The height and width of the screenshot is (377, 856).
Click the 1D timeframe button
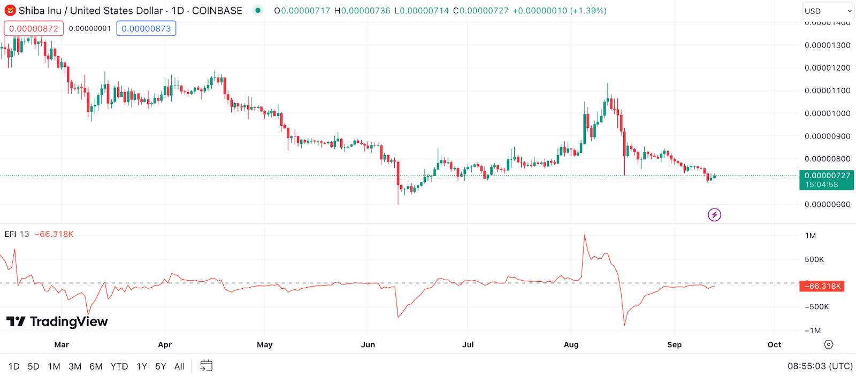(x=14, y=366)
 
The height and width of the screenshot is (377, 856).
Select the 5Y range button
(x=160, y=366)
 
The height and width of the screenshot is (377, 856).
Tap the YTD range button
(x=119, y=366)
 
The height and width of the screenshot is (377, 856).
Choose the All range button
(x=179, y=366)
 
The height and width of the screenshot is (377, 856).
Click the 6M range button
(x=96, y=366)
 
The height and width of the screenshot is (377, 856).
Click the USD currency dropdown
(x=828, y=11)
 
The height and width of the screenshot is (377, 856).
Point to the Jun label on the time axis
(x=368, y=344)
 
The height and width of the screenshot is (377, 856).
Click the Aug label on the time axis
(x=571, y=344)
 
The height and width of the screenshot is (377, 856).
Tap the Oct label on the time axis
(x=774, y=344)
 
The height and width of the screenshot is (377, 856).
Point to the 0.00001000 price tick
(x=827, y=113)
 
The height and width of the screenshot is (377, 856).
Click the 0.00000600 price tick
(x=827, y=204)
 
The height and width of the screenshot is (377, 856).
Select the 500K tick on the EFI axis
(x=814, y=259)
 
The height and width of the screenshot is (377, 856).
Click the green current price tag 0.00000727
(x=827, y=180)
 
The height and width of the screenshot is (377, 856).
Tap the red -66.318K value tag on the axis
(x=822, y=286)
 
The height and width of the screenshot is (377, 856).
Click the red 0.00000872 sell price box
(x=34, y=28)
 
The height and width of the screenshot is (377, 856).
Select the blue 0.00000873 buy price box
(x=146, y=28)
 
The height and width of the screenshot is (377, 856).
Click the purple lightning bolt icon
(x=714, y=215)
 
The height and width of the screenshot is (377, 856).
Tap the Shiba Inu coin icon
(x=10, y=11)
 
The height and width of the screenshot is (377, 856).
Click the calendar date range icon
(x=206, y=366)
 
